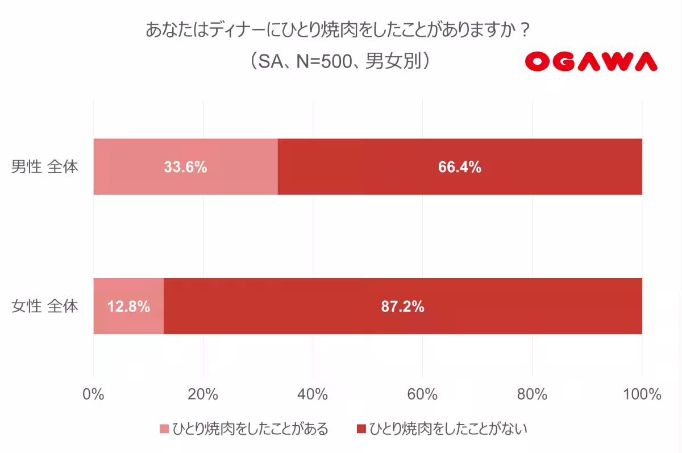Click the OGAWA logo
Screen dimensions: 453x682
click(590, 61)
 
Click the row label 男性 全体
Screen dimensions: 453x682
click(45, 167)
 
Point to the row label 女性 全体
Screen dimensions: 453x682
click(45, 307)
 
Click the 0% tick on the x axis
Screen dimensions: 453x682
click(94, 394)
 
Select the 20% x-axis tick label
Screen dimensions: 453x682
click(203, 394)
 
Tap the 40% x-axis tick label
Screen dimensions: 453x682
click(313, 394)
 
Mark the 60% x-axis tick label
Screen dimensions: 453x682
click(423, 394)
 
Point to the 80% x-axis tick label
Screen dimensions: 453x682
click(533, 394)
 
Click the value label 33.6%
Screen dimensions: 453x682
click(185, 167)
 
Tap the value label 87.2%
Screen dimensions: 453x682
click(402, 307)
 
